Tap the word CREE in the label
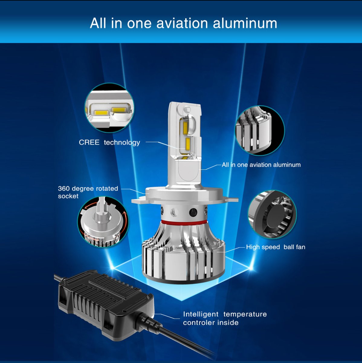tap(89, 142)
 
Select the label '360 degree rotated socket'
tap(88, 192)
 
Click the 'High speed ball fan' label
tap(275, 247)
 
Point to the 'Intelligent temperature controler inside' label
tap(225, 318)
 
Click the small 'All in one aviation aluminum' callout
tap(261, 165)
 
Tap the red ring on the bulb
tap(184, 223)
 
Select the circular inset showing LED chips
tap(109, 108)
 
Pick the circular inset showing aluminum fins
tap(260, 130)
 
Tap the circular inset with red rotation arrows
tap(103, 221)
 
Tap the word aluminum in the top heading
tap(245, 23)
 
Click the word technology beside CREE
tap(122, 142)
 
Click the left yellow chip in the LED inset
tap(99, 113)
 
